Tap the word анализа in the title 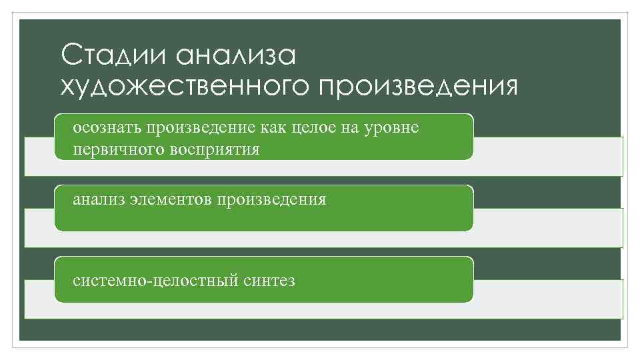(x=237, y=55)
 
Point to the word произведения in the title (x=418, y=87)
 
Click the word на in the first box (x=351, y=127)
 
